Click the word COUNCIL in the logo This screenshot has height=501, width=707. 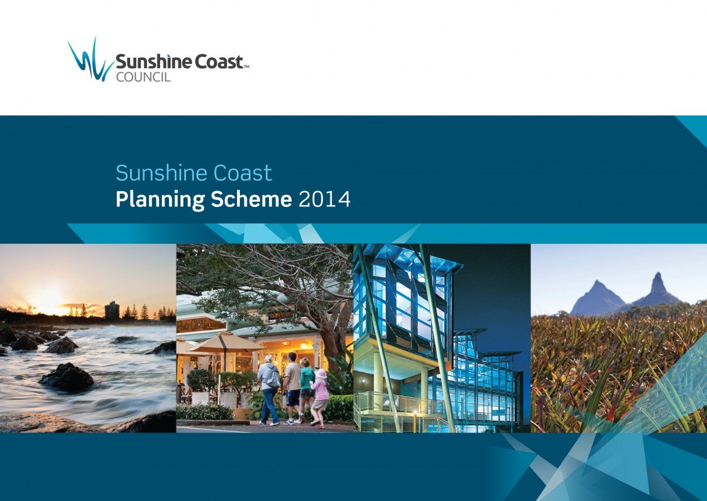coord(143,77)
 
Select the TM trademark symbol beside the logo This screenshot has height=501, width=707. coord(246,67)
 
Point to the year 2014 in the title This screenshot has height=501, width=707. coord(324,199)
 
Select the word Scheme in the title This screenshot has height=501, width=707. coord(251,199)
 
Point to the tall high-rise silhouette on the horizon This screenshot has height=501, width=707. coord(111,310)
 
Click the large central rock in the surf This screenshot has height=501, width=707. coord(66,377)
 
